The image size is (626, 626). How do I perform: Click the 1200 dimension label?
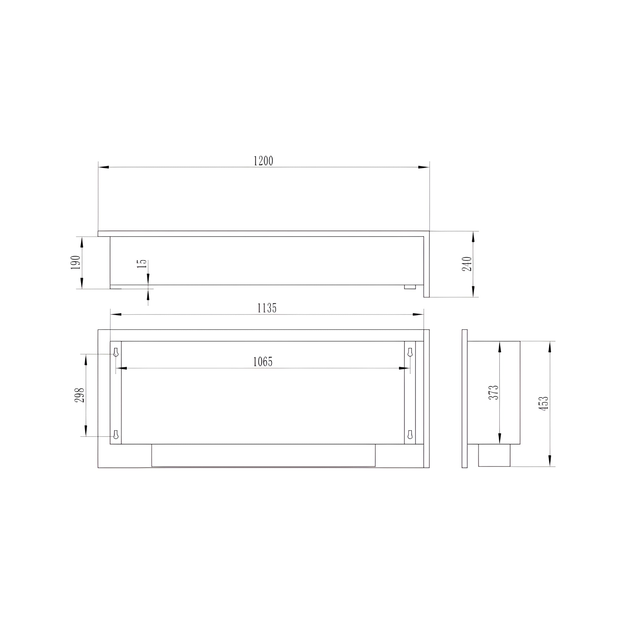coord(263,161)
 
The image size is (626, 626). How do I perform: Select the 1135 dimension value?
coord(267,308)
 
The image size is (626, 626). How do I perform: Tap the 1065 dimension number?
coord(263,362)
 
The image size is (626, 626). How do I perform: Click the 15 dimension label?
coord(142,264)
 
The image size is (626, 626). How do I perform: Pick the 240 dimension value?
coord(467,264)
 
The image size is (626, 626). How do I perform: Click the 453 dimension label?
coord(544,403)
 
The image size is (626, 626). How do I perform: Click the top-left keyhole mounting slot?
coord(116,352)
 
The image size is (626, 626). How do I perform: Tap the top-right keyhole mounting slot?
coord(410,352)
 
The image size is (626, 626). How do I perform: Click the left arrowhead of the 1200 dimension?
coord(104,167)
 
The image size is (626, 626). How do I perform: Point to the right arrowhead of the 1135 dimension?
coord(418,314)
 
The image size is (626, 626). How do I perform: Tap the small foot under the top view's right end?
coord(410,287)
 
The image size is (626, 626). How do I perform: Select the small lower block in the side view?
coord(494,455)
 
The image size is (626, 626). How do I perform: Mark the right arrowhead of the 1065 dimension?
coord(404,368)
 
